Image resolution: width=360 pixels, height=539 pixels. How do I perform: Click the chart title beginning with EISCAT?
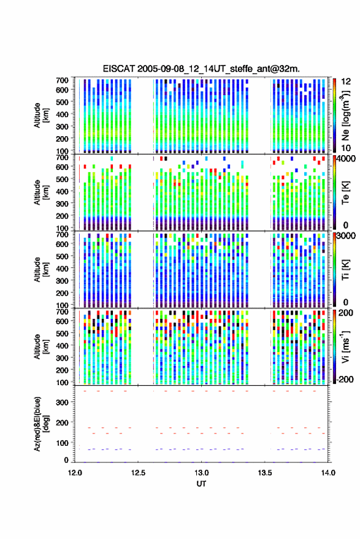[201, 69]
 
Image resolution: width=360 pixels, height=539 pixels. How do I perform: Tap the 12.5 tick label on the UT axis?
[138, 473]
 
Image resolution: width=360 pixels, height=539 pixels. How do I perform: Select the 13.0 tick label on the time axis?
[202, 473]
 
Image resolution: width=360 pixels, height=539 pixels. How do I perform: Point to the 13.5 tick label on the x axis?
[265, 473]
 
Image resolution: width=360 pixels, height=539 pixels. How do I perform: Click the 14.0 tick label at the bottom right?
[328, 473]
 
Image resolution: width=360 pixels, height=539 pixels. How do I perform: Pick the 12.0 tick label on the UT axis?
[75, 473]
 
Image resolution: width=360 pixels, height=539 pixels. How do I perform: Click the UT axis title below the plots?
[201, 484]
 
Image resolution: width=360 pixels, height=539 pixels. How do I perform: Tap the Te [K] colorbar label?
[345, 193]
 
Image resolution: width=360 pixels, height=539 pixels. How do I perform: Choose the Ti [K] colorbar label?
[345, 270]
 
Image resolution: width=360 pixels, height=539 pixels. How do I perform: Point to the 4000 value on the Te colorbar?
[346, 159]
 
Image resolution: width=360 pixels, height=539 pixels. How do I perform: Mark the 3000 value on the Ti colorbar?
[346, 236]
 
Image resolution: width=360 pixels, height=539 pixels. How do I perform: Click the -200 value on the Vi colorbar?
[345, 379]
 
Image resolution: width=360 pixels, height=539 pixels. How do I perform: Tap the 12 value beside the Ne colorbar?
[346, 82]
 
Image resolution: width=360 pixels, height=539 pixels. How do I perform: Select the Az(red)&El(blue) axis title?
[42, 424]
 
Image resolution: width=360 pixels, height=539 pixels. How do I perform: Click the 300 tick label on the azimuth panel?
[62, 402]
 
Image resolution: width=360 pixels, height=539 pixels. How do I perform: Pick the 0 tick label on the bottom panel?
[66, 460]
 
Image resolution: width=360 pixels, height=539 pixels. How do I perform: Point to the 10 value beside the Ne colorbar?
[346, 148]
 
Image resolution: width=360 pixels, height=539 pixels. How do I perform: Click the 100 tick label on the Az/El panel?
[62, 443]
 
